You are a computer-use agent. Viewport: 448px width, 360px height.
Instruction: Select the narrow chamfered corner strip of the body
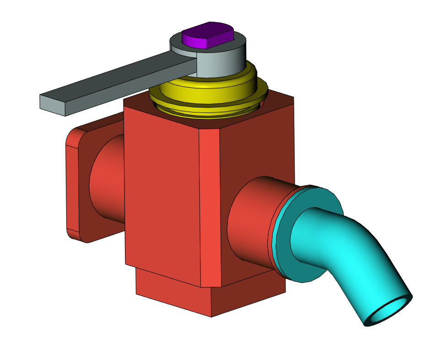[211, 206]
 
